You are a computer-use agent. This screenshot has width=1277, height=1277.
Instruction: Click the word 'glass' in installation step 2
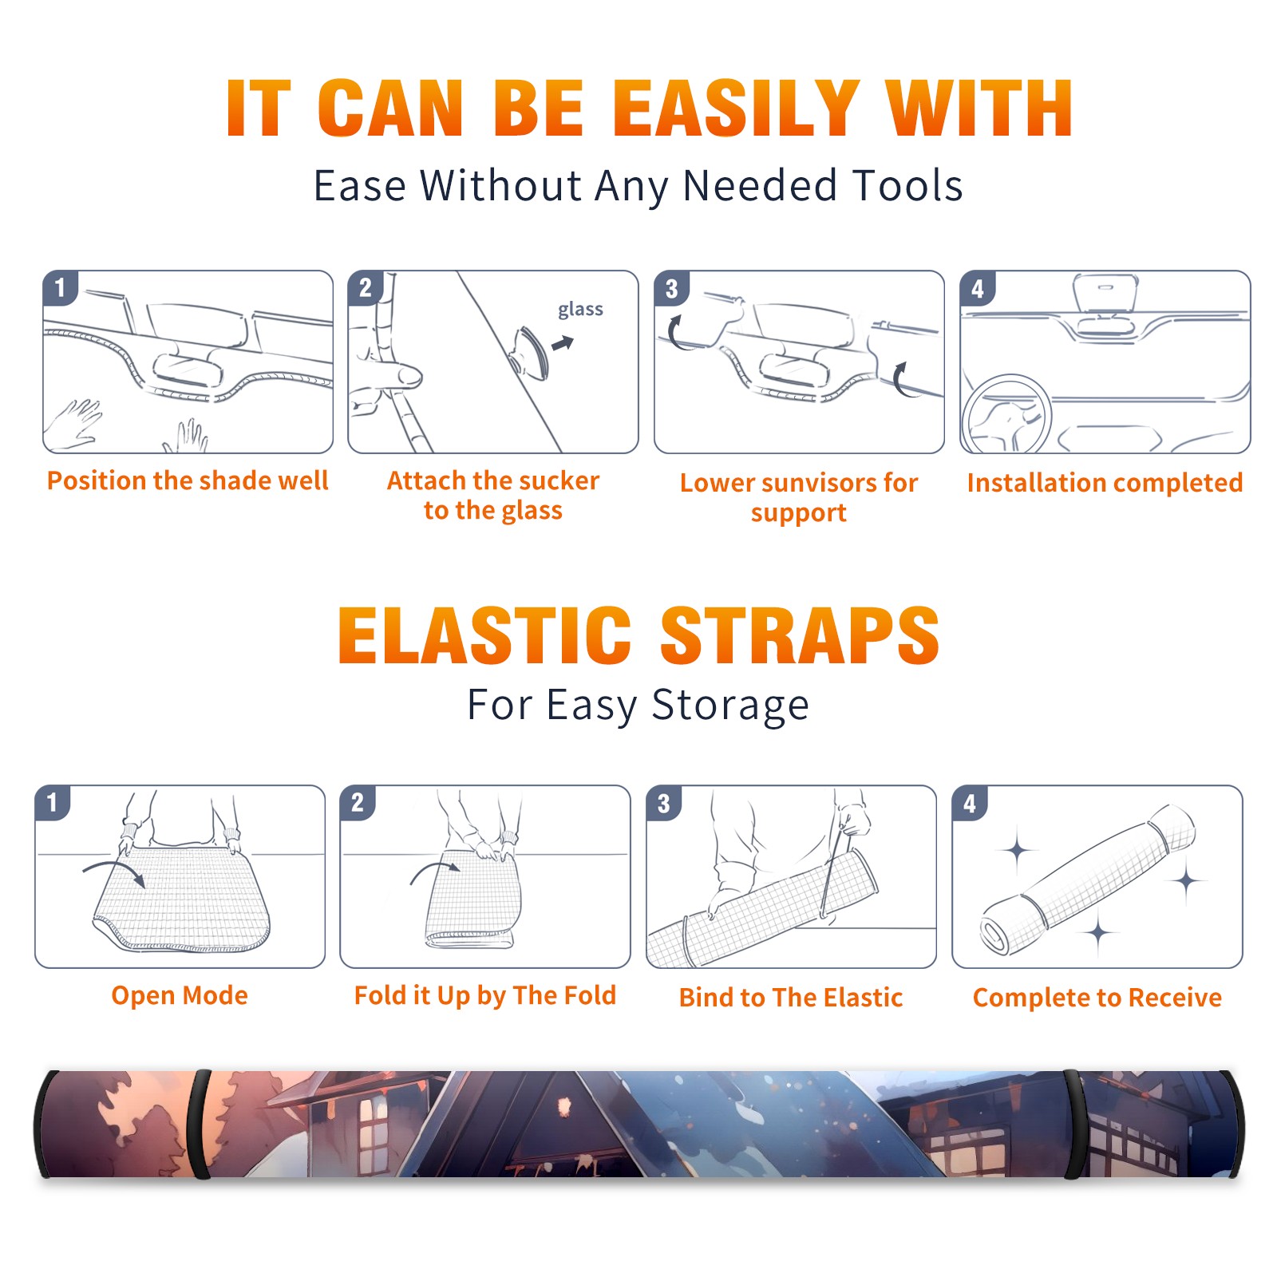[580, 310]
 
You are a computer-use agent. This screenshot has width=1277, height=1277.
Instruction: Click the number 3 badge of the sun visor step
[671, 288]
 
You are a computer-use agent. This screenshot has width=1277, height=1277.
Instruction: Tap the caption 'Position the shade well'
[188, 480]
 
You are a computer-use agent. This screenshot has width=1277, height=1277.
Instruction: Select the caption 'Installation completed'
[1105, 482]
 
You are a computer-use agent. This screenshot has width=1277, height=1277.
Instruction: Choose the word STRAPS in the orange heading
[800, 635]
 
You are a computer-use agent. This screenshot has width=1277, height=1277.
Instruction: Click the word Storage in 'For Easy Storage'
[730, 706]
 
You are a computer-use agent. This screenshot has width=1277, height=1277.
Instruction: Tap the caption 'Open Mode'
[180, 995]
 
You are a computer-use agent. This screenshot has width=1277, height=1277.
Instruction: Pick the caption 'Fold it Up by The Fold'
[485, 995]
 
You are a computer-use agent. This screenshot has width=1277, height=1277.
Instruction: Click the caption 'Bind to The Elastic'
[791, 998]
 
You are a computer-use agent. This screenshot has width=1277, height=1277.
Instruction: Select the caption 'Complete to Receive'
[1097, 998]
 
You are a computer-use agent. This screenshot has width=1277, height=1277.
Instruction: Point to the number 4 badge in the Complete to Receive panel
[970, 803]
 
